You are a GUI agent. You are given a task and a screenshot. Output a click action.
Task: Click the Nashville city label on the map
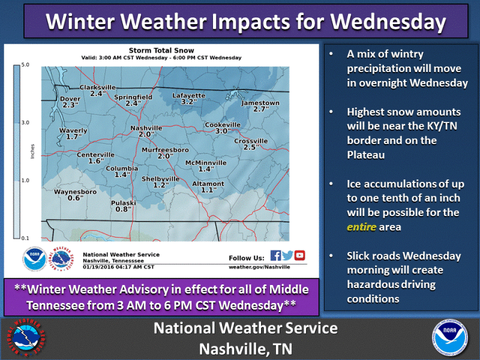point(146,128)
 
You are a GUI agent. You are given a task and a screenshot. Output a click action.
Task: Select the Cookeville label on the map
point(223,125)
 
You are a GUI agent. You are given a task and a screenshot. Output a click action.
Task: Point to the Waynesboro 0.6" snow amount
point(76,198)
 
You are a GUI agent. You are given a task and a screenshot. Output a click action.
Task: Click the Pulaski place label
point(124,203)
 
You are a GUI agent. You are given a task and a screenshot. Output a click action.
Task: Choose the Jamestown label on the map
point(260,103)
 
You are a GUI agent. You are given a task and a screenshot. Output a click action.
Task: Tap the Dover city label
point(70,99)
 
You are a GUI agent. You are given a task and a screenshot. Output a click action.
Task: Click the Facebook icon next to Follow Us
point(275,256)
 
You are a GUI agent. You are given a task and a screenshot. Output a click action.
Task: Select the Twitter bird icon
point(287,256)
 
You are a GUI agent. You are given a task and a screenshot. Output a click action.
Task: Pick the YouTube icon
point(299,256)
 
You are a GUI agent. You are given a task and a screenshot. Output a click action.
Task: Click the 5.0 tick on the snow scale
point(25,65)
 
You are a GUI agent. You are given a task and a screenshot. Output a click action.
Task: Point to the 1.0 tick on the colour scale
point(25,181)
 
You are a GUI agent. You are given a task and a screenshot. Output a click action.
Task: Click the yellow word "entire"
point(361,227)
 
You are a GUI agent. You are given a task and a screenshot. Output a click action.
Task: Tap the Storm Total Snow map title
point(161,50)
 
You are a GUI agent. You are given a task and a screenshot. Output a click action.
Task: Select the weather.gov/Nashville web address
point(259,267)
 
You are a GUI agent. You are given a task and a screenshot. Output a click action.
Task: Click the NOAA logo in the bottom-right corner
point(449,338)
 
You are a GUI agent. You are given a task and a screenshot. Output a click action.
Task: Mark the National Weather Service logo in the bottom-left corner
point(26,338)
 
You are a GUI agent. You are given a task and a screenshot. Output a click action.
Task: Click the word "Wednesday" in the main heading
point(388,22)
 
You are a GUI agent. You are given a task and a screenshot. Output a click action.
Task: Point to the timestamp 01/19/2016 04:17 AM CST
point(118,267)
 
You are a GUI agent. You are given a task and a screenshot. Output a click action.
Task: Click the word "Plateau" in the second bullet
point(366,155)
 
